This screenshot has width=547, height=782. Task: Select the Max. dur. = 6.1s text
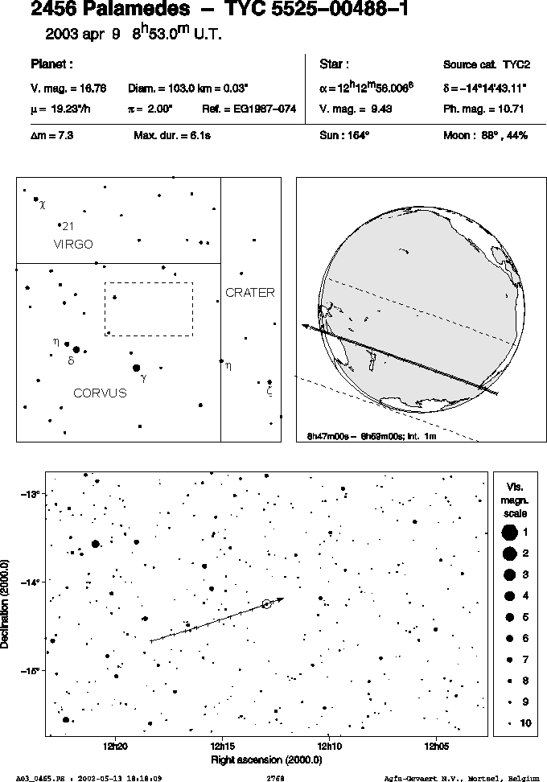(172, 135)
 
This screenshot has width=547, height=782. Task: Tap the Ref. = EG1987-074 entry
(249, 109)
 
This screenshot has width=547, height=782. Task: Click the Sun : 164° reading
(344, 135)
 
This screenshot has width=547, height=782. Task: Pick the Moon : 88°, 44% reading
(486, 135)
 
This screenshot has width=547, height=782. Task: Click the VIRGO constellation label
(73, 245)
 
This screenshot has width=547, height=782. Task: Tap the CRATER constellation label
(250, 293)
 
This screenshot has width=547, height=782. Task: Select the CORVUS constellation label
(101, 393)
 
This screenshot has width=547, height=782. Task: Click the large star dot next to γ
(136, 368)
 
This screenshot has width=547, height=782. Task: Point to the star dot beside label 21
(60, 225)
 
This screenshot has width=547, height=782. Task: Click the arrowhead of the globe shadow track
(304, 326)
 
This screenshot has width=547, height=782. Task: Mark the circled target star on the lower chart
(267, 604)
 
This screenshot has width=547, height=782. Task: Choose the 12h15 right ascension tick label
(222, 747)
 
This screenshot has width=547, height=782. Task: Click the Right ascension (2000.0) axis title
(267, 760)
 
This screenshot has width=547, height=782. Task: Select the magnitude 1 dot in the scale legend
(509, 533)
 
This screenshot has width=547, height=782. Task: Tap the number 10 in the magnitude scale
(525, 723)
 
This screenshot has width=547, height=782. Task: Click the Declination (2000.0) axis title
(5, 603)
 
